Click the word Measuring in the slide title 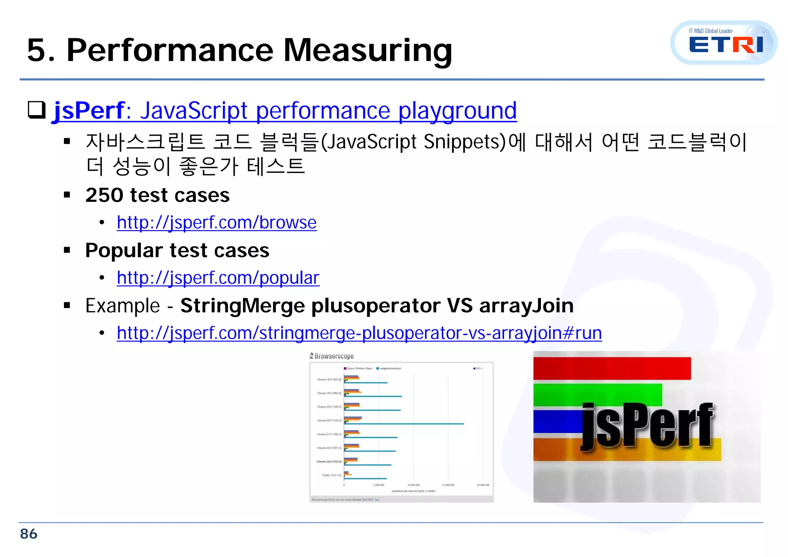tap(367, 50)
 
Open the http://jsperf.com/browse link tap(217, 223)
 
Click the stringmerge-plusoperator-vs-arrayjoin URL tap(359, 333)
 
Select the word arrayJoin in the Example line tap(526, 306)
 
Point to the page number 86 tap(28, 534)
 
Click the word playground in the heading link tap(457, 111)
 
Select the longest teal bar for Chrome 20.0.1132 tap(404, 424)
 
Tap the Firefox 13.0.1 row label tap(332, 475)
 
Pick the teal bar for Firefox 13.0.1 tap(366, 479)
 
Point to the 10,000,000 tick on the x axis tap(414, 485)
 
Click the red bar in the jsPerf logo tap(612, 368)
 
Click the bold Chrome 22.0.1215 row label tap(329, 462)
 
